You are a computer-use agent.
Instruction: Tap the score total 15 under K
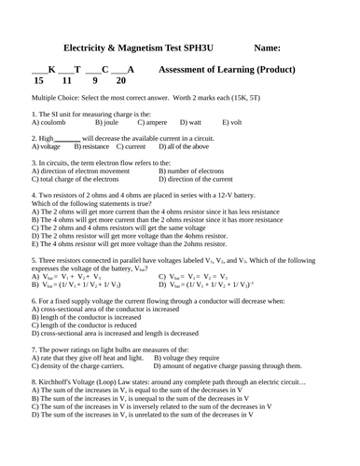(38, 82)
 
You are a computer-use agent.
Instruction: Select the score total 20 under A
(121, 82)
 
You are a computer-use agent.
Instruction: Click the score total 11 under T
(68, 82)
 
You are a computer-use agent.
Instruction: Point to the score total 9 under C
(94, 82)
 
